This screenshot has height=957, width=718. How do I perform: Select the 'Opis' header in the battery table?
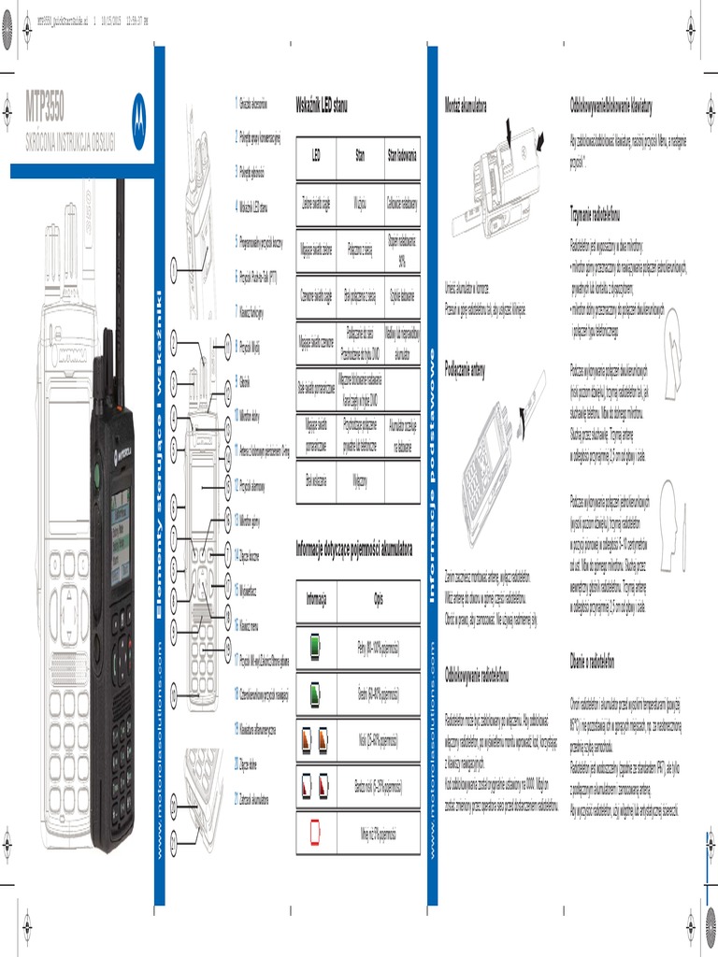click(x=379, y=598)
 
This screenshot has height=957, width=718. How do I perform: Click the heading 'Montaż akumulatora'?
click(x=466, y=104)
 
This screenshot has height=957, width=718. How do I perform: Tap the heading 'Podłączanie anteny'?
click(x=465, y=368)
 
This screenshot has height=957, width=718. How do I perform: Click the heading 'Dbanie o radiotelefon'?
click(x=591, y=662)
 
